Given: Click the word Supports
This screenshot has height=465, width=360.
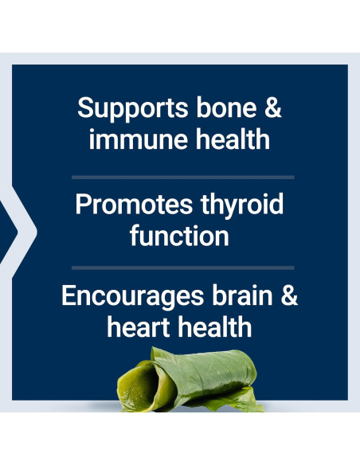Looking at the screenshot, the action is point(132,109).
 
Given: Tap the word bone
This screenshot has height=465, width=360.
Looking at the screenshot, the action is point(226,107).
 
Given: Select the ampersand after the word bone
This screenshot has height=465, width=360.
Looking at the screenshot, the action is point(273,108).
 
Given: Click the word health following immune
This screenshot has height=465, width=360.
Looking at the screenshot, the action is point(233,139).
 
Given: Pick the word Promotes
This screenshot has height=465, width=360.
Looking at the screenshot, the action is point(134,205).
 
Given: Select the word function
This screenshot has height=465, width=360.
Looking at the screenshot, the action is point(179,236).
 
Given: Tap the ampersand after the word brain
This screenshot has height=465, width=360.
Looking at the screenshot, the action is point(289,295).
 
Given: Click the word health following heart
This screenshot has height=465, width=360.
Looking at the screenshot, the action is point(215,326).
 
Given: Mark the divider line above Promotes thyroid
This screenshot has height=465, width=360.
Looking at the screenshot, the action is point(182,178).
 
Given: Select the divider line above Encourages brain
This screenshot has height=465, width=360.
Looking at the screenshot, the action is point(182,268).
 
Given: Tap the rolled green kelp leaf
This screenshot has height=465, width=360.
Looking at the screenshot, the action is point(190,380).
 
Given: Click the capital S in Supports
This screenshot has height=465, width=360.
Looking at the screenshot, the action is point(85,107).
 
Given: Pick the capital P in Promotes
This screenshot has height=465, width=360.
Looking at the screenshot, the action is point(83,205).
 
